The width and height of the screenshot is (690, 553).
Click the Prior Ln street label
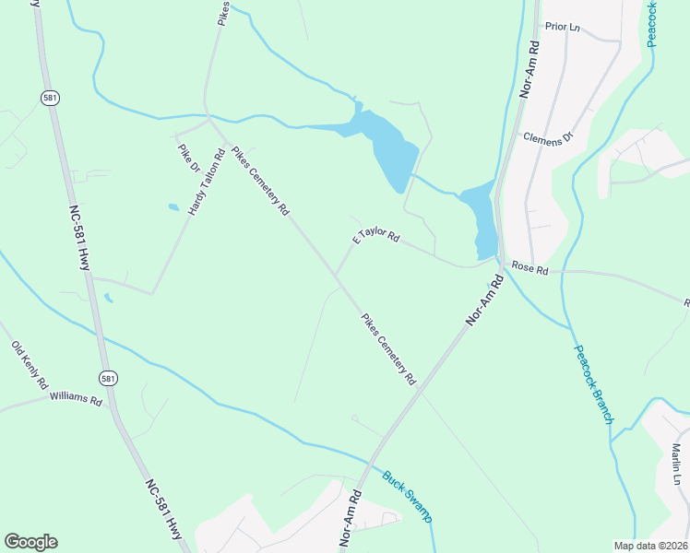(564, 27)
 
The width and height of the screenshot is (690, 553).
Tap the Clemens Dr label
(548, 137)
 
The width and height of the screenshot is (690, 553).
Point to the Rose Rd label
(529, 270)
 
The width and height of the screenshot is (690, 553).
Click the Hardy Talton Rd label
(207, 182)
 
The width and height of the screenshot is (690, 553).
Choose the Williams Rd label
(76, 397)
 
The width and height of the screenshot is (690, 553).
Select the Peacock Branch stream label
(593, 383)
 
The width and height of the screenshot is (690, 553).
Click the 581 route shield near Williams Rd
(109, 378)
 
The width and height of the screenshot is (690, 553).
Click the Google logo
(30, 542)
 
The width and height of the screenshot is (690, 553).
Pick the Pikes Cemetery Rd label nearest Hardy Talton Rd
(260, 181)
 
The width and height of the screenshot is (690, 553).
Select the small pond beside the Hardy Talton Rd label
(172, 207)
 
